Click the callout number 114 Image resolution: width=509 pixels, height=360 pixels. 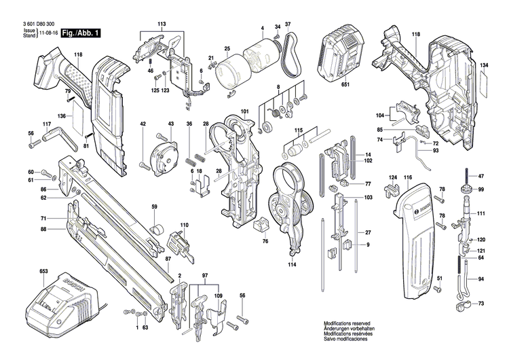293,264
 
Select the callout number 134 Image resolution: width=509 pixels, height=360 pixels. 484,66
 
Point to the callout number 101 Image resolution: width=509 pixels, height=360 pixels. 244,111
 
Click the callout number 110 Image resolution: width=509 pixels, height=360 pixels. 184,225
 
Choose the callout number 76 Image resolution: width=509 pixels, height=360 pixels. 265,241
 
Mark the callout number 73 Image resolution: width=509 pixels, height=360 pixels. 481,303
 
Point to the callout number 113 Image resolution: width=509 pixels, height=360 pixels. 161,24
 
